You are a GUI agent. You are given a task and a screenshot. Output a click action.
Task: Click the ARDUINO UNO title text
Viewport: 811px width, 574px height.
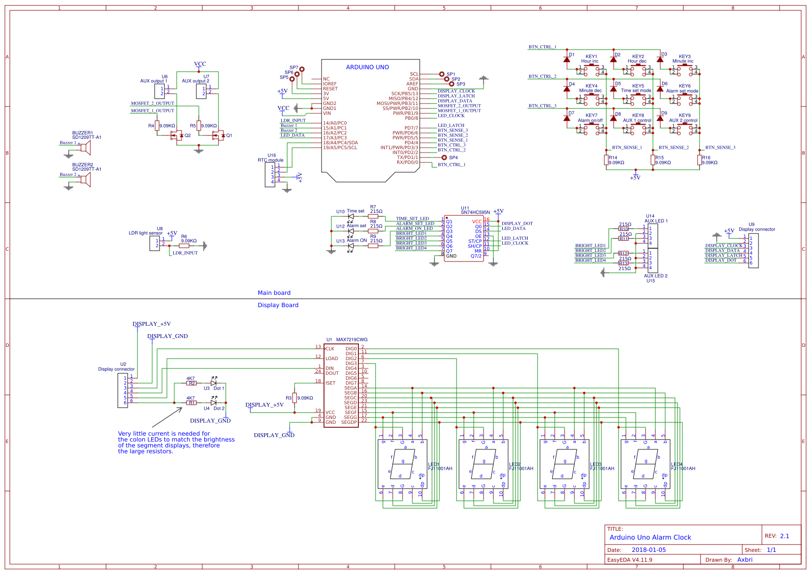367,67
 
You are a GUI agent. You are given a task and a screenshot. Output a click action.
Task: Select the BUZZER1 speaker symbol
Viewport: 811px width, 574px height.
85,148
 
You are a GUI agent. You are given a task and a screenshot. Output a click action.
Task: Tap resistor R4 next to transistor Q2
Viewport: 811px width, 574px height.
157,126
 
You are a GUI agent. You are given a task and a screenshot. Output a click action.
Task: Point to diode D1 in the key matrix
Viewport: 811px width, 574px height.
567,59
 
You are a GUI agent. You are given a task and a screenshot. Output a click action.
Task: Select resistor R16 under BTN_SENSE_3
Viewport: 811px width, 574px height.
700,160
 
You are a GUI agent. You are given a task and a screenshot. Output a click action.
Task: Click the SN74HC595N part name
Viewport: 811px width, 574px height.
475,212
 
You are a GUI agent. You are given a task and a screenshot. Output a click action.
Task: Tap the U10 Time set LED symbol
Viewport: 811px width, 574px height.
351,216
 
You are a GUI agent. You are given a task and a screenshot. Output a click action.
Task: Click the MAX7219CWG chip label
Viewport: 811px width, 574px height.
351,339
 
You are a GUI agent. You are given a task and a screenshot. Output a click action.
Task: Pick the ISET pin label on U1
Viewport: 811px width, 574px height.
330,383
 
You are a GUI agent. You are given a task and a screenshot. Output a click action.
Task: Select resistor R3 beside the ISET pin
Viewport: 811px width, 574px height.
295,398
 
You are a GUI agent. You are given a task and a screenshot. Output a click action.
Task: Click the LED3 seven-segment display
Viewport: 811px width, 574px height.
565,464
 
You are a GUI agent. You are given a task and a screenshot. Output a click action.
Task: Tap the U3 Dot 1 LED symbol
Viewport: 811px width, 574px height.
213,383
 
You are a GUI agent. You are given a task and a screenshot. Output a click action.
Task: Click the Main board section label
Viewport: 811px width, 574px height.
274,293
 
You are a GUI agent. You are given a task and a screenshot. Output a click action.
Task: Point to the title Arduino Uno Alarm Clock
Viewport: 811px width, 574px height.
650,537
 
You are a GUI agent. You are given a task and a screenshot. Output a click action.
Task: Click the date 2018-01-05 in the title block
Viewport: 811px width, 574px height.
649,550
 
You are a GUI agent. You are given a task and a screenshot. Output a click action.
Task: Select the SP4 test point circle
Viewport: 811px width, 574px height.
444,157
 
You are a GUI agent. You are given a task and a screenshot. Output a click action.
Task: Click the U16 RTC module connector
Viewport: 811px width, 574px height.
270,175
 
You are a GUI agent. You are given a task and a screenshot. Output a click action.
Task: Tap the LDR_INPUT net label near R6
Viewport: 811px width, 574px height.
185,253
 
